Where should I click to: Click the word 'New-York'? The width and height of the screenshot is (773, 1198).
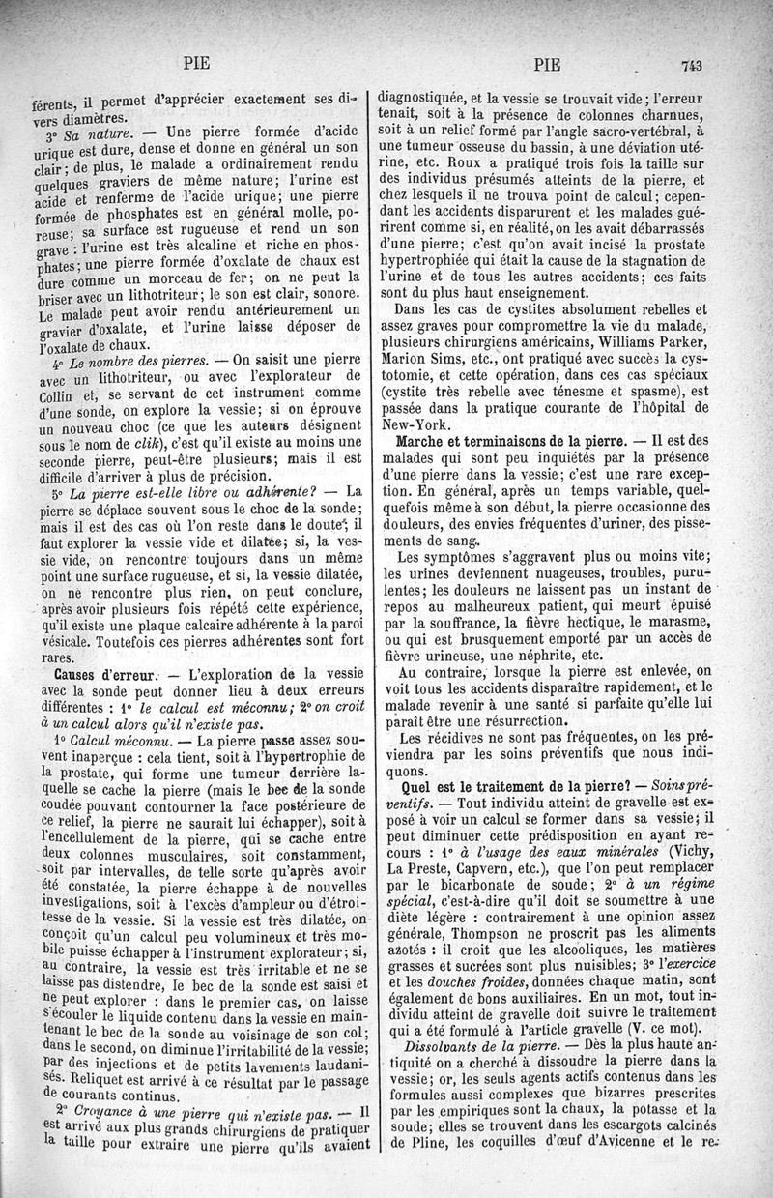(x=413, y=423)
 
